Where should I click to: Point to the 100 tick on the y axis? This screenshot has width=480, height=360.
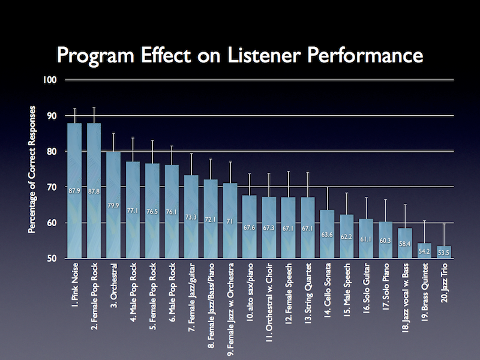pyautogui.click(x=53, y=80)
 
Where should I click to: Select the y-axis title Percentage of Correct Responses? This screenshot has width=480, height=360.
pyautogui.click(x=34, y=170)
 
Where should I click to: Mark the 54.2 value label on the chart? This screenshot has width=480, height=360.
pyautogui.click(x=425, y=252)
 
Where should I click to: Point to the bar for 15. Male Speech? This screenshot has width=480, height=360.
pyautogui.click(x=347, y=236)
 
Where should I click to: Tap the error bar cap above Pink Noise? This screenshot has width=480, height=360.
pyautogui.click(x=74, y=109)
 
